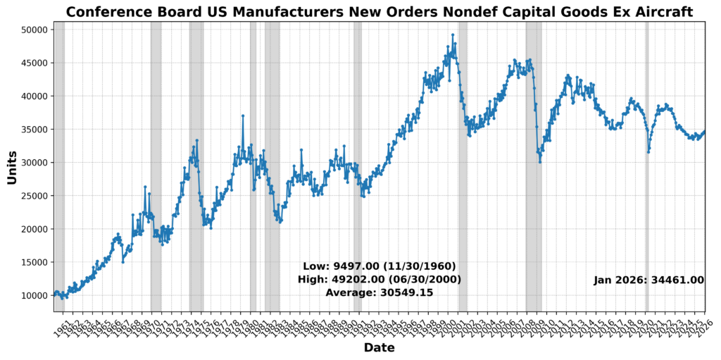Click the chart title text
click(x=380, y=11)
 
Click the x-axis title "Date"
click(x=380, y=348)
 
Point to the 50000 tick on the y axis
click(x=33, y=30)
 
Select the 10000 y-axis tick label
click(x=33, y=295)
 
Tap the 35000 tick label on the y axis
click(x=33, y=130)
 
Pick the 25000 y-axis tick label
click(x=33, y=196)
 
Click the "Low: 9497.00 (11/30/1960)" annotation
click(x=380, y=266)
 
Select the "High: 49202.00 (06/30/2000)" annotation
click(x=380, y=280)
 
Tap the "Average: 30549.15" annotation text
click(x=380, y=292)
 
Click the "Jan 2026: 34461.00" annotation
click(x=648, y=280)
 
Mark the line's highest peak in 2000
click(x=453, y=35)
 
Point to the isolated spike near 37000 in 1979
click(x=243, y=116)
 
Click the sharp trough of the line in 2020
click(x=648, y=152)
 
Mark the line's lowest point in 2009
click(x=540, y=162)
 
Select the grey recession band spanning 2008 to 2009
click(x=534, y=211)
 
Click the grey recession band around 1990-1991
click(x=358, y=211)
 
